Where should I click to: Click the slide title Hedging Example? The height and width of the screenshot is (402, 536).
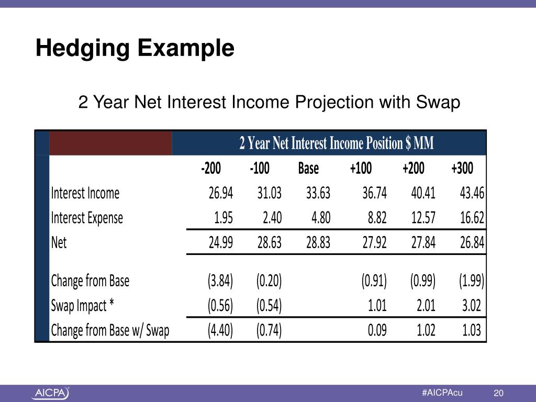(135, 49)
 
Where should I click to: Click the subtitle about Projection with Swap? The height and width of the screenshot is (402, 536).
(269, 102)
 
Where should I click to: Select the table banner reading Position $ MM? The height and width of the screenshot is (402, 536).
(336, 143)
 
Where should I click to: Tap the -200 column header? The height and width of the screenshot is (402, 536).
(211, 169)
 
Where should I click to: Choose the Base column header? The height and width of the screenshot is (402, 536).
(308, 169)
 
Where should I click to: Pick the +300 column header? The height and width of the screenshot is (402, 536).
(462, 169)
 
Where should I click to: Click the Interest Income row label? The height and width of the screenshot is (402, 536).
(85, 194)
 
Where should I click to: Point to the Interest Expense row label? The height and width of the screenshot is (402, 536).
(87, 218)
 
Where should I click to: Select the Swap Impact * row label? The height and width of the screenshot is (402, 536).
(82, 306)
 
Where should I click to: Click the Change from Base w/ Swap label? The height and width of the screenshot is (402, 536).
(110, 330)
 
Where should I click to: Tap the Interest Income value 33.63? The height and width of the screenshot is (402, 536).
(318, 194)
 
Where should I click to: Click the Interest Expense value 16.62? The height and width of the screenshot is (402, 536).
(472, 218)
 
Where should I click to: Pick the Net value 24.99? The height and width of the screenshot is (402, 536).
(220, 243)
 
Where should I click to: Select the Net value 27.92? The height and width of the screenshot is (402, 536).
(374, 243)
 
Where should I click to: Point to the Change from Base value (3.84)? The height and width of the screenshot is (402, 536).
(220, 282)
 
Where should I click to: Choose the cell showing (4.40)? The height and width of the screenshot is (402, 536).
(220, 330)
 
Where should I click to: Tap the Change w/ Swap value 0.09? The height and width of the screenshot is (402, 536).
(376, 330)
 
